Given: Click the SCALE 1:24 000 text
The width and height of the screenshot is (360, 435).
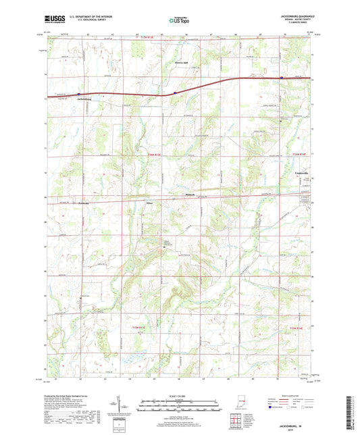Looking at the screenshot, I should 180,395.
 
